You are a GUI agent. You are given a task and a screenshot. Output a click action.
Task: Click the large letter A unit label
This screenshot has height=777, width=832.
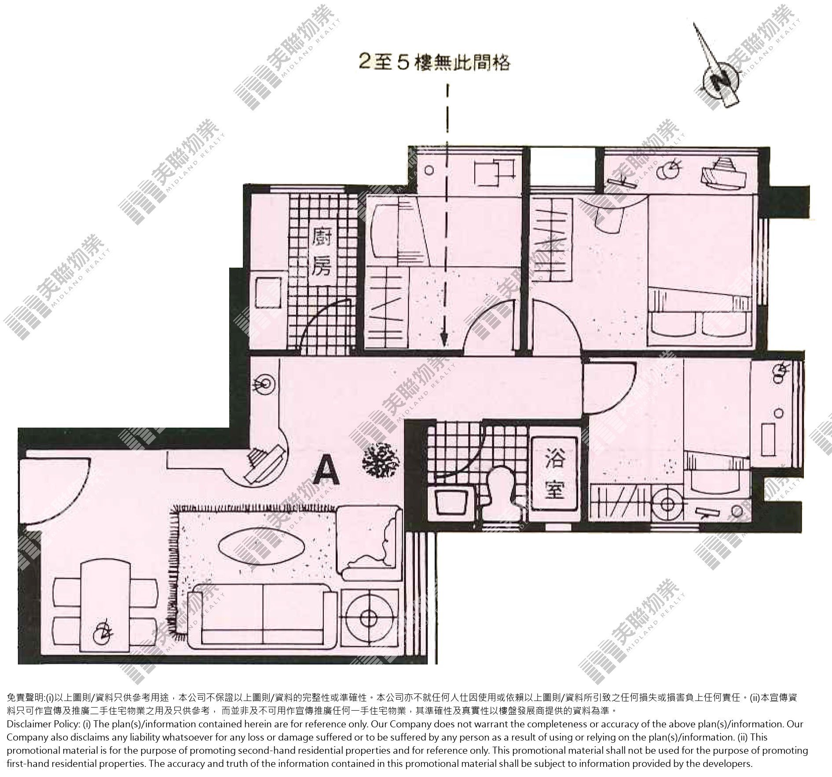pyautogui.click(x=327, y=468)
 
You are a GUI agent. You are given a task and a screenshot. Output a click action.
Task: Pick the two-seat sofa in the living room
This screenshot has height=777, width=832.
pyautogui.click(x=263, y=618)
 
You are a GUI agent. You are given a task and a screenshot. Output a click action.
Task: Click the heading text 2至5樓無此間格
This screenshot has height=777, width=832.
pyautogui.click(x=435, y=63)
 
